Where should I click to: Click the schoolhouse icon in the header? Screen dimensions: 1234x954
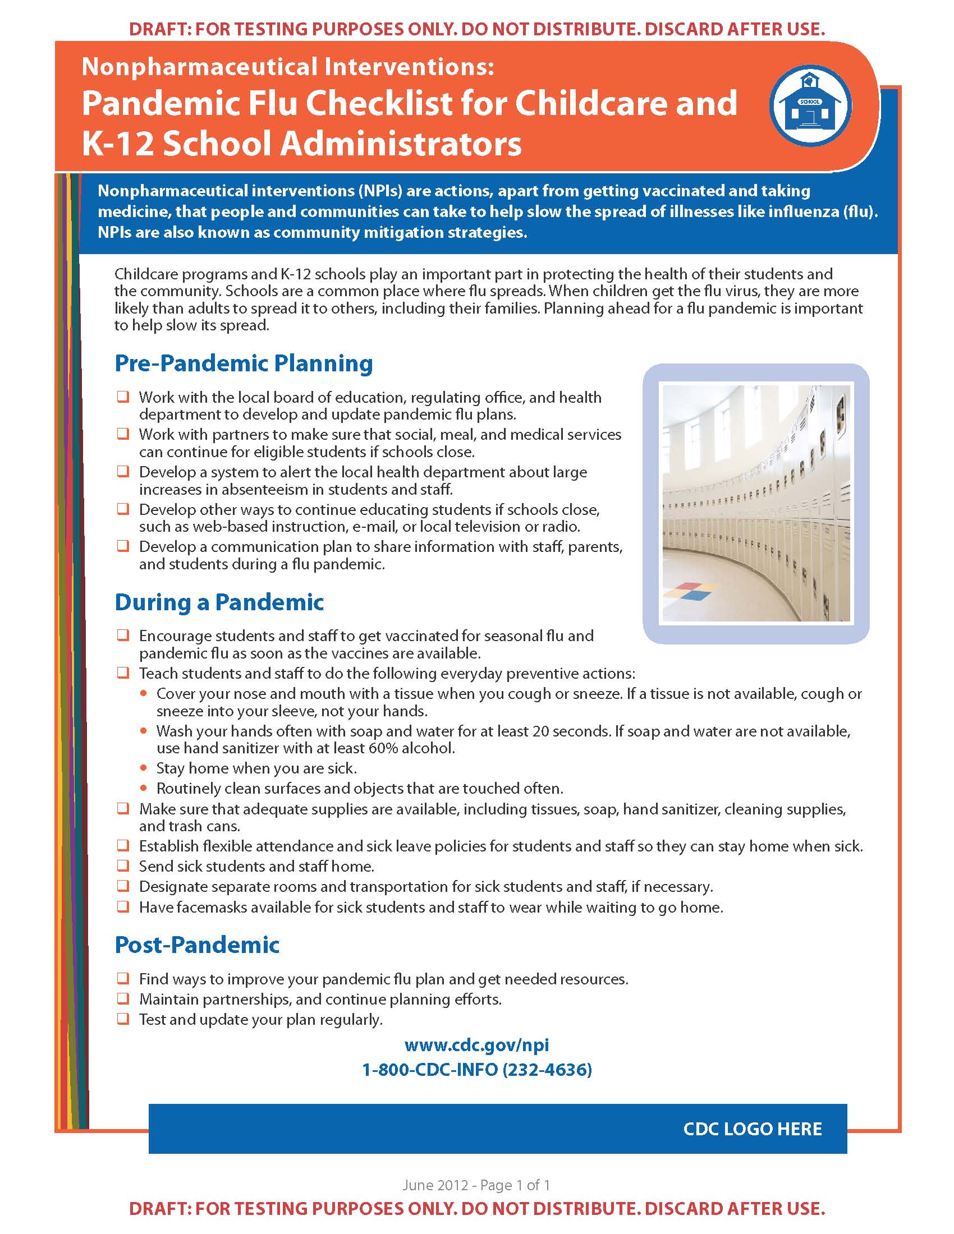(810, 105)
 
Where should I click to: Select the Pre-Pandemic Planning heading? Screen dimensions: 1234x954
(244, 363)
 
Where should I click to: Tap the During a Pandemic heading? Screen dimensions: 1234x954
(219, 602)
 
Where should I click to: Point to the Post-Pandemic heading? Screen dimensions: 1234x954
(197, 945)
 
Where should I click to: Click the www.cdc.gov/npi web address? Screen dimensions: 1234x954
(476, 1045)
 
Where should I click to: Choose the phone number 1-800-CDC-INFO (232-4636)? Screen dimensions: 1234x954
(476, 1070)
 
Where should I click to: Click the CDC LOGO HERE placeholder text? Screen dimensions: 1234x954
(752, 1129)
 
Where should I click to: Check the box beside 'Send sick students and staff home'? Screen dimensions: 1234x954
(123, 865)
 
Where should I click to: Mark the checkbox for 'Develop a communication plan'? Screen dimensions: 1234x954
(123, 546)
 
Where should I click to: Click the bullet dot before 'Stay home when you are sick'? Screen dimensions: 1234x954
(144, 768)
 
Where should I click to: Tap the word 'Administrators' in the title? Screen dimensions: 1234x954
(401, 144)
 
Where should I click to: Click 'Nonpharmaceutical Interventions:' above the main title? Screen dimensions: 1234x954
(288, 67)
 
